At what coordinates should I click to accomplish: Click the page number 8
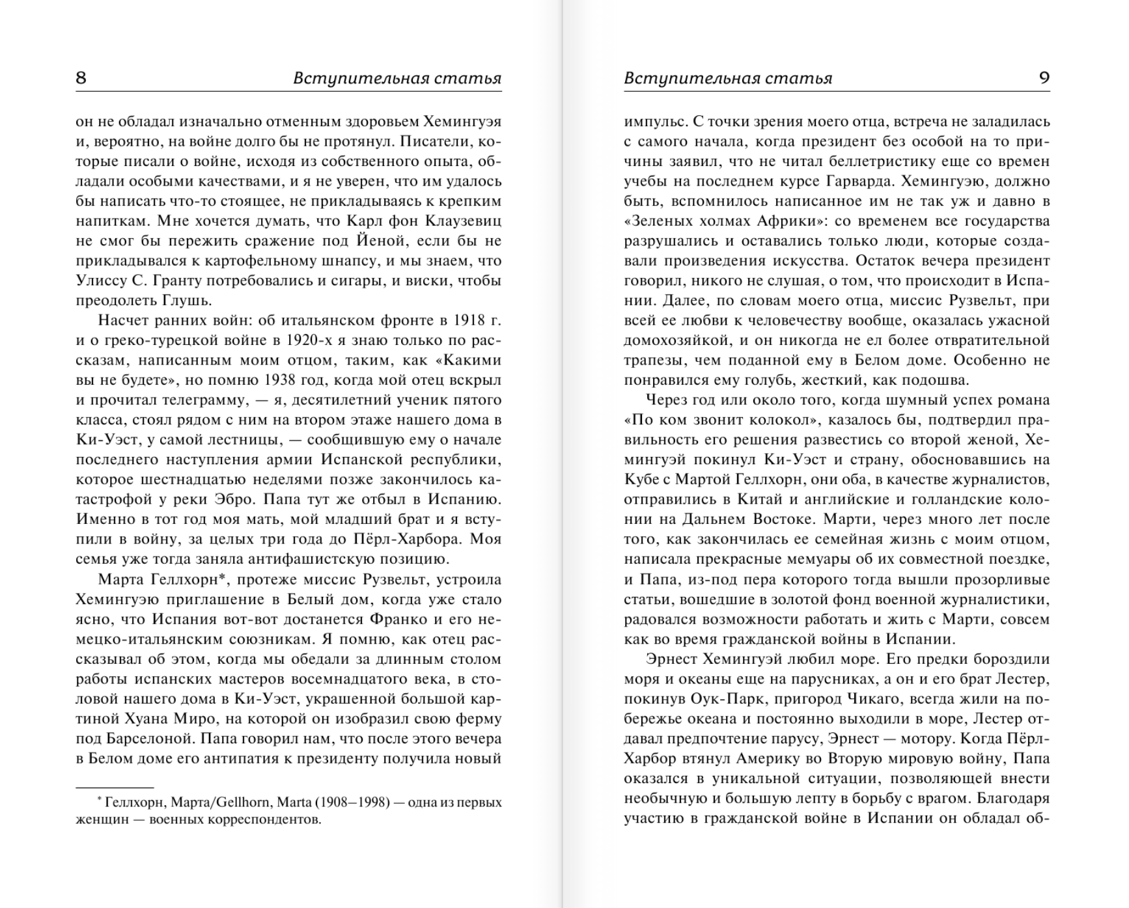(x=81, y=78)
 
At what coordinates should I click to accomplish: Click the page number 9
(x=1044, y=78)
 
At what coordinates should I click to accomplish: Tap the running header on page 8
(x=397, y=79)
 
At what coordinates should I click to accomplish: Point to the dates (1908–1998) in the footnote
(x=353, y=803)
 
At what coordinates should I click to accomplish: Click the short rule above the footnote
(x=115, y=788)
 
